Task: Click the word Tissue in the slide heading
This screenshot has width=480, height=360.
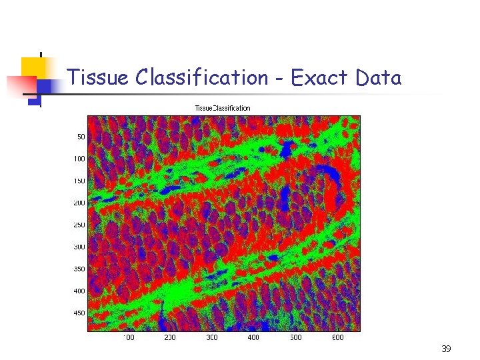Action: click(x=98, y=78)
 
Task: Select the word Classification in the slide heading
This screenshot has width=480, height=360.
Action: click(x=201, y=78)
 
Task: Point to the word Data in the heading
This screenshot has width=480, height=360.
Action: click(x=378, y=78)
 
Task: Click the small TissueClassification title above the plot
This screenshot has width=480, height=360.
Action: click(x=223, y=108)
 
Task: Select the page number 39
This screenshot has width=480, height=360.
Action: click(x=446, y=349)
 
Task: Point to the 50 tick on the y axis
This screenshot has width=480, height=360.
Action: click(x=81, y=137)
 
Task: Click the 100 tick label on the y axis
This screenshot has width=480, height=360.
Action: click(x=79, y=159)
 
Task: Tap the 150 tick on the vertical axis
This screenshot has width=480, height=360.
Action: click(x=79, y=181)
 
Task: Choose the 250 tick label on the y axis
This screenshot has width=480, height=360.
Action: click(x=79, y=225)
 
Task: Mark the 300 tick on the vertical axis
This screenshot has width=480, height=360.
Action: click(x=79, y=247)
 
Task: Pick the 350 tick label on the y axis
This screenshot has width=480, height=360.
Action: click(x=79, y=269)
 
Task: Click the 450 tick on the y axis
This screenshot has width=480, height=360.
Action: click(x=79, y=313)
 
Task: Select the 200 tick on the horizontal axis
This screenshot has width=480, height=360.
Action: click(x=170, y=337)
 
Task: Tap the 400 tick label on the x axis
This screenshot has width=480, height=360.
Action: click(x=253, y=337)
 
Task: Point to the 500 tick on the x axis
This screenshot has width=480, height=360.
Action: click(x=295, y=337)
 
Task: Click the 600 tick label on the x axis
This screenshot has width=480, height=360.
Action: click(x=337, y=337)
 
